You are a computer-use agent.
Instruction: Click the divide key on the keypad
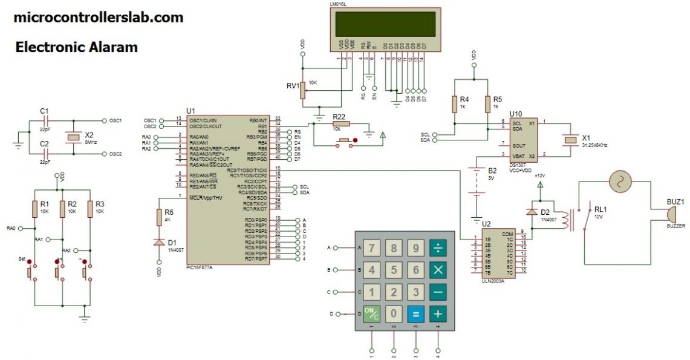coord(437,247)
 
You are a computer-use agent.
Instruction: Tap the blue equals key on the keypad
coord(415,314)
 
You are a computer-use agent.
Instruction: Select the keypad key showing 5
coord(394,270)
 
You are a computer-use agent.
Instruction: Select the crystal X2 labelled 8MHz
coord(74,137)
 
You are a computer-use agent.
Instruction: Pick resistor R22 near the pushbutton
coord(339,123)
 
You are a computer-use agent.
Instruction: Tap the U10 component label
coord(515,113)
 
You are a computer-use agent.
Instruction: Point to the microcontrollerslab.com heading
coord(99,18)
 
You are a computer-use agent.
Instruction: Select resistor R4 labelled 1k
coord(454,104)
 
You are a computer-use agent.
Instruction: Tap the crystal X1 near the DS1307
coord(569,139)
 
